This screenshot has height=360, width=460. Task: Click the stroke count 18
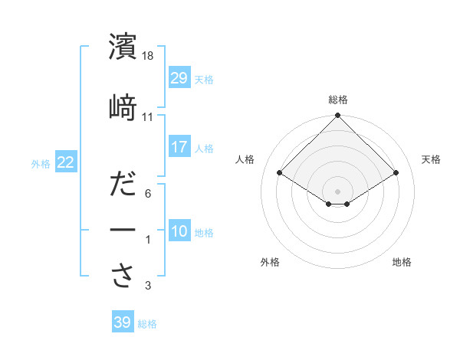coord(149,57)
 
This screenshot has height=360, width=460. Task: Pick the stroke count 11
coord(148,116)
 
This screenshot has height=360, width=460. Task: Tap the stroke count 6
coord(148,195)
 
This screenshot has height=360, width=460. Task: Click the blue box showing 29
coord(179,78)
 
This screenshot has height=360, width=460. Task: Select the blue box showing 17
coord(179,147)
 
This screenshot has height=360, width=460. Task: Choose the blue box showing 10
coord(179,231)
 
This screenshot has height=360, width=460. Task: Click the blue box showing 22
coord(65,162)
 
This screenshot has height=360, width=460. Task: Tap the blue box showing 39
coord(122,322)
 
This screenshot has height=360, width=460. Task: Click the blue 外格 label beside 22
coord(41,163)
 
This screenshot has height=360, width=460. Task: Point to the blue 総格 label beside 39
coord(147,324)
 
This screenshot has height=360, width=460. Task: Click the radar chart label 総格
coord(337,100)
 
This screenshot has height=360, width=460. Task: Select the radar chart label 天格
coord(431,159)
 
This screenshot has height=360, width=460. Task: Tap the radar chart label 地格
coord(402,262)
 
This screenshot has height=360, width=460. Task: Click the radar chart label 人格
coord(245,159)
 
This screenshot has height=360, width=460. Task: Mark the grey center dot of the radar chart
coord(337,190)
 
